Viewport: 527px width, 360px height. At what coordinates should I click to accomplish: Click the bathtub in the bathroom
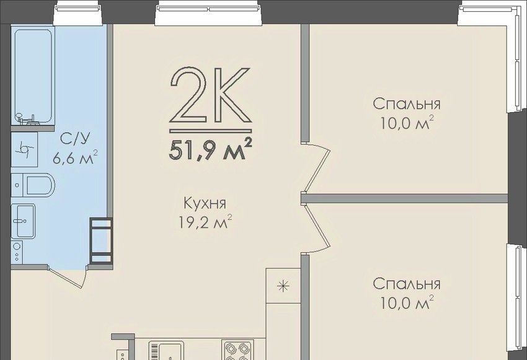pyautogui.click(x=33, y=76)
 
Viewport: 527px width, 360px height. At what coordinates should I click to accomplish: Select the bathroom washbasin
pyautogui.click(x=23, y=221)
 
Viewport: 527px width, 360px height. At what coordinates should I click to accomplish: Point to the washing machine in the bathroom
pyautogui.click(x=17, y=252)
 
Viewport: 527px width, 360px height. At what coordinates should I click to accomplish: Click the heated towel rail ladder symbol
pyautogui.click(x=101, y=240)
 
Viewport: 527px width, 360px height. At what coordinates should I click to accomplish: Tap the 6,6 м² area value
pyautogui.click(x=75, y=157)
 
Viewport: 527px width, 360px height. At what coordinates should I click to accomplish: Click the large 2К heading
pyautogui.click(x=211, y=95)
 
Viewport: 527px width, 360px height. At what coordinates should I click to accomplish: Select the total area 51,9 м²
pyautogui.click(x=211, y=150)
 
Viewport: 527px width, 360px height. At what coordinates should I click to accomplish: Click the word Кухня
pyautogui.click(x=205, y=203)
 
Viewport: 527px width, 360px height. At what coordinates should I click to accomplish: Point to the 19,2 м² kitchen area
pyautogui.click(x=205, y=222)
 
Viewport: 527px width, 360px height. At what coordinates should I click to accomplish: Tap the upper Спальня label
pyautogui.click(x=407, y=104)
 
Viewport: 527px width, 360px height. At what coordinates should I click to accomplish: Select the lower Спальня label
pyautogui.click(x=407, y=284)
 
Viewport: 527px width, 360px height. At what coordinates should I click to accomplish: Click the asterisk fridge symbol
pyautogui.click(x=283, y=286)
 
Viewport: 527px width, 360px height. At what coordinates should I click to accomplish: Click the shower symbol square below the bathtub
pyautogui.click(x=24, y=148)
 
